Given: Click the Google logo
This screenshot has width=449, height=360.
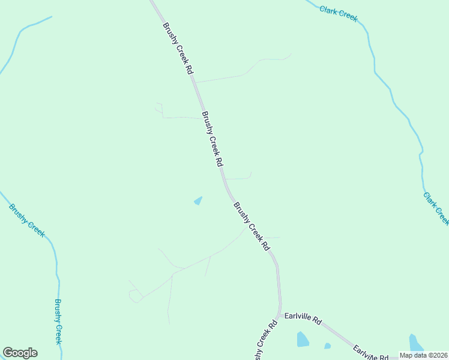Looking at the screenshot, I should point(20,352).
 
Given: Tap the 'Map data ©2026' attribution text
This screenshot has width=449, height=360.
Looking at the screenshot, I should point(423,355).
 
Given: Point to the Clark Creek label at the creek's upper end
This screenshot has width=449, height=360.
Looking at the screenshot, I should point(339,13).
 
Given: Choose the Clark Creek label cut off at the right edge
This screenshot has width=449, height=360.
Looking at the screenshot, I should point(436,208).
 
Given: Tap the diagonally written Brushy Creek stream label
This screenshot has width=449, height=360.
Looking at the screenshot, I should point(26,220).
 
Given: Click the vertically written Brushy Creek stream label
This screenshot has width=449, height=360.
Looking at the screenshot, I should point(58,321).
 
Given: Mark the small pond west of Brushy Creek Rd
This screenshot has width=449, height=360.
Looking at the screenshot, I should point(198,200).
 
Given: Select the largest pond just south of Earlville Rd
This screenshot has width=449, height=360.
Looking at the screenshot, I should point(303,340).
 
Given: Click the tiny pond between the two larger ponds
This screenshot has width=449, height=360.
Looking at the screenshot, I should point(327,346).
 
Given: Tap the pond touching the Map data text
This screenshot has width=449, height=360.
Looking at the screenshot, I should point(414,343).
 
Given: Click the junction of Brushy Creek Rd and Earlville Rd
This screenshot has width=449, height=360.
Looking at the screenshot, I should point(279,314).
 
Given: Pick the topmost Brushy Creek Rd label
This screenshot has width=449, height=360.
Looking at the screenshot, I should point(178,49).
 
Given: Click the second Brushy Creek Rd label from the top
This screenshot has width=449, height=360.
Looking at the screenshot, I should point(212,139).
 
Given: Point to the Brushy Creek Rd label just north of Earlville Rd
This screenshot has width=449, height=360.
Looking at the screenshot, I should point(252,226).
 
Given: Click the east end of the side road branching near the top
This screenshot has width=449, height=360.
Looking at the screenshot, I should point(291,55).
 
